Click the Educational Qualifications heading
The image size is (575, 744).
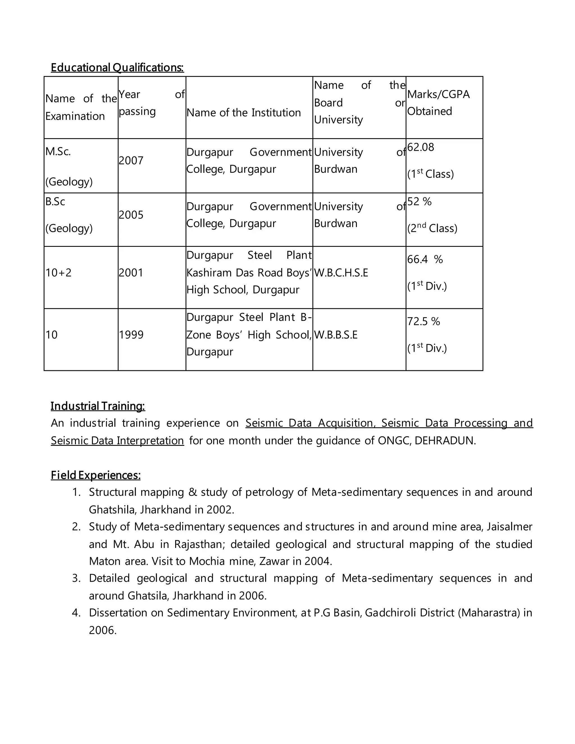click(x=117, y=67)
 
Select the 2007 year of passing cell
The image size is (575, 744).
click(x=131, y=160)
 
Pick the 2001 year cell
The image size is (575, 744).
click(x=131, y=273)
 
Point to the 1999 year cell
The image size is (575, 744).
click(x=131, y=335)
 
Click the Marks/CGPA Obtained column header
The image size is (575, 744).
click(x=438, y=102)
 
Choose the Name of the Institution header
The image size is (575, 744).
click(x=243, y=113)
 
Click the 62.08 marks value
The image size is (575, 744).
click(x=420, y=147)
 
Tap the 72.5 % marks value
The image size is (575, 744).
click(x=423, y=321)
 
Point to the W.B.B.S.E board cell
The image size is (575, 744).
click(x=336, y=335)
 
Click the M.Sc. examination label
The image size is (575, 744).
click(x=58, y=152)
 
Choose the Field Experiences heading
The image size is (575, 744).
click(x=95, y=475)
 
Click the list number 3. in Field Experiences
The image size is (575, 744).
click(x=76, y=578)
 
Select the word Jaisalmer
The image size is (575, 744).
click(x=509, y=527)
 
